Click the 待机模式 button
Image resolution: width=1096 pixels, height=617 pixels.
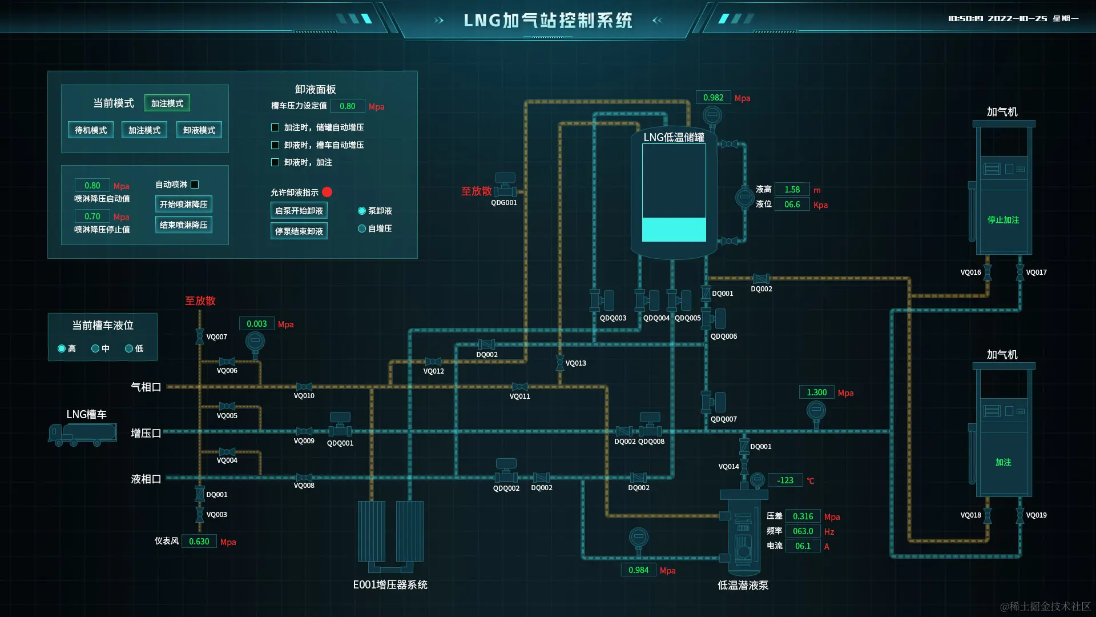click(91, 130)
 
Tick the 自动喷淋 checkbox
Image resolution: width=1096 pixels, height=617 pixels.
click(195, 185)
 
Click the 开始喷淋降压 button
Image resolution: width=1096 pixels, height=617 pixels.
click(183, 205)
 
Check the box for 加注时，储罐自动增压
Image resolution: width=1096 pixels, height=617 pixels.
click(275, 127)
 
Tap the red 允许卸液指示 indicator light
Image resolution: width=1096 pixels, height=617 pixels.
click(327, 192)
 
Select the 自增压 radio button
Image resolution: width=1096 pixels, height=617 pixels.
click(362, 229)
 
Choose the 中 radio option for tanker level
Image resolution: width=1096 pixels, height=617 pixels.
click(95, 348)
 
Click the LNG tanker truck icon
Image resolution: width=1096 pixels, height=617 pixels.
click(83, 434)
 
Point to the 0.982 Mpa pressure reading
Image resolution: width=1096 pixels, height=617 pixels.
click(713, 98)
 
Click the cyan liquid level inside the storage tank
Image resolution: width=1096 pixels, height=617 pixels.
click(674, 230)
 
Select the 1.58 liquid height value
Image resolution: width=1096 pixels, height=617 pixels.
click(792, 190)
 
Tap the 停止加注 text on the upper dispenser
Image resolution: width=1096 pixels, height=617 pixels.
click(1003, 220)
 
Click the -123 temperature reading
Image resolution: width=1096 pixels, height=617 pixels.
click(785, 480)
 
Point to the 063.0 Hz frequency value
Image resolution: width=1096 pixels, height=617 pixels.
click(803, 531)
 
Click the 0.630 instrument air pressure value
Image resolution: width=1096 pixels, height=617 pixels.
click(199, 542)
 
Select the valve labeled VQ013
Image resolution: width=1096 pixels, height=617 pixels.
click(560, 363)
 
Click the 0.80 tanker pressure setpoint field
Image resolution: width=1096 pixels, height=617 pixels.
click(347, 106)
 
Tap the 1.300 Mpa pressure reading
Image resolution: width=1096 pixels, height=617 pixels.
click(816, 392)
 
